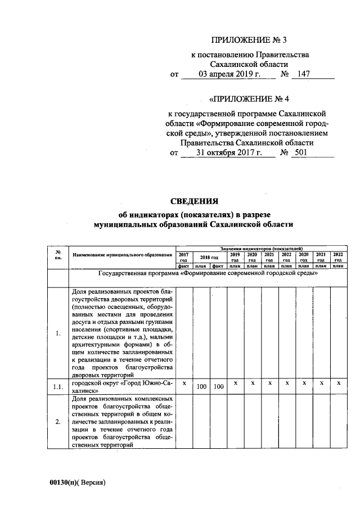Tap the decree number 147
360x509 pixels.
click(x=304, y=74)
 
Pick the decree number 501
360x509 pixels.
click(x=301, y=152)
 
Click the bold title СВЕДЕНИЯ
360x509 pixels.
click(x=194, y=201)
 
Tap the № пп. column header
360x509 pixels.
click(x=58, y=255)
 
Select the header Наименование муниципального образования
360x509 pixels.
click(x=122, y=255)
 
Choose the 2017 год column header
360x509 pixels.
click(x=184, y=257)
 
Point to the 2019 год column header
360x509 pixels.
click(x=235, y=257)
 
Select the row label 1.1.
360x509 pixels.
click(x=58, y=386)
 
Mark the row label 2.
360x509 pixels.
click(x=58, y=421)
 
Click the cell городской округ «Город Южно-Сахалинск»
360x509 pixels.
click(x=122, y=386)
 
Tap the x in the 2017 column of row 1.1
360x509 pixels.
click(x=184, y=382)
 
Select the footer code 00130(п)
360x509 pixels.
click(x=64, y=482)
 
